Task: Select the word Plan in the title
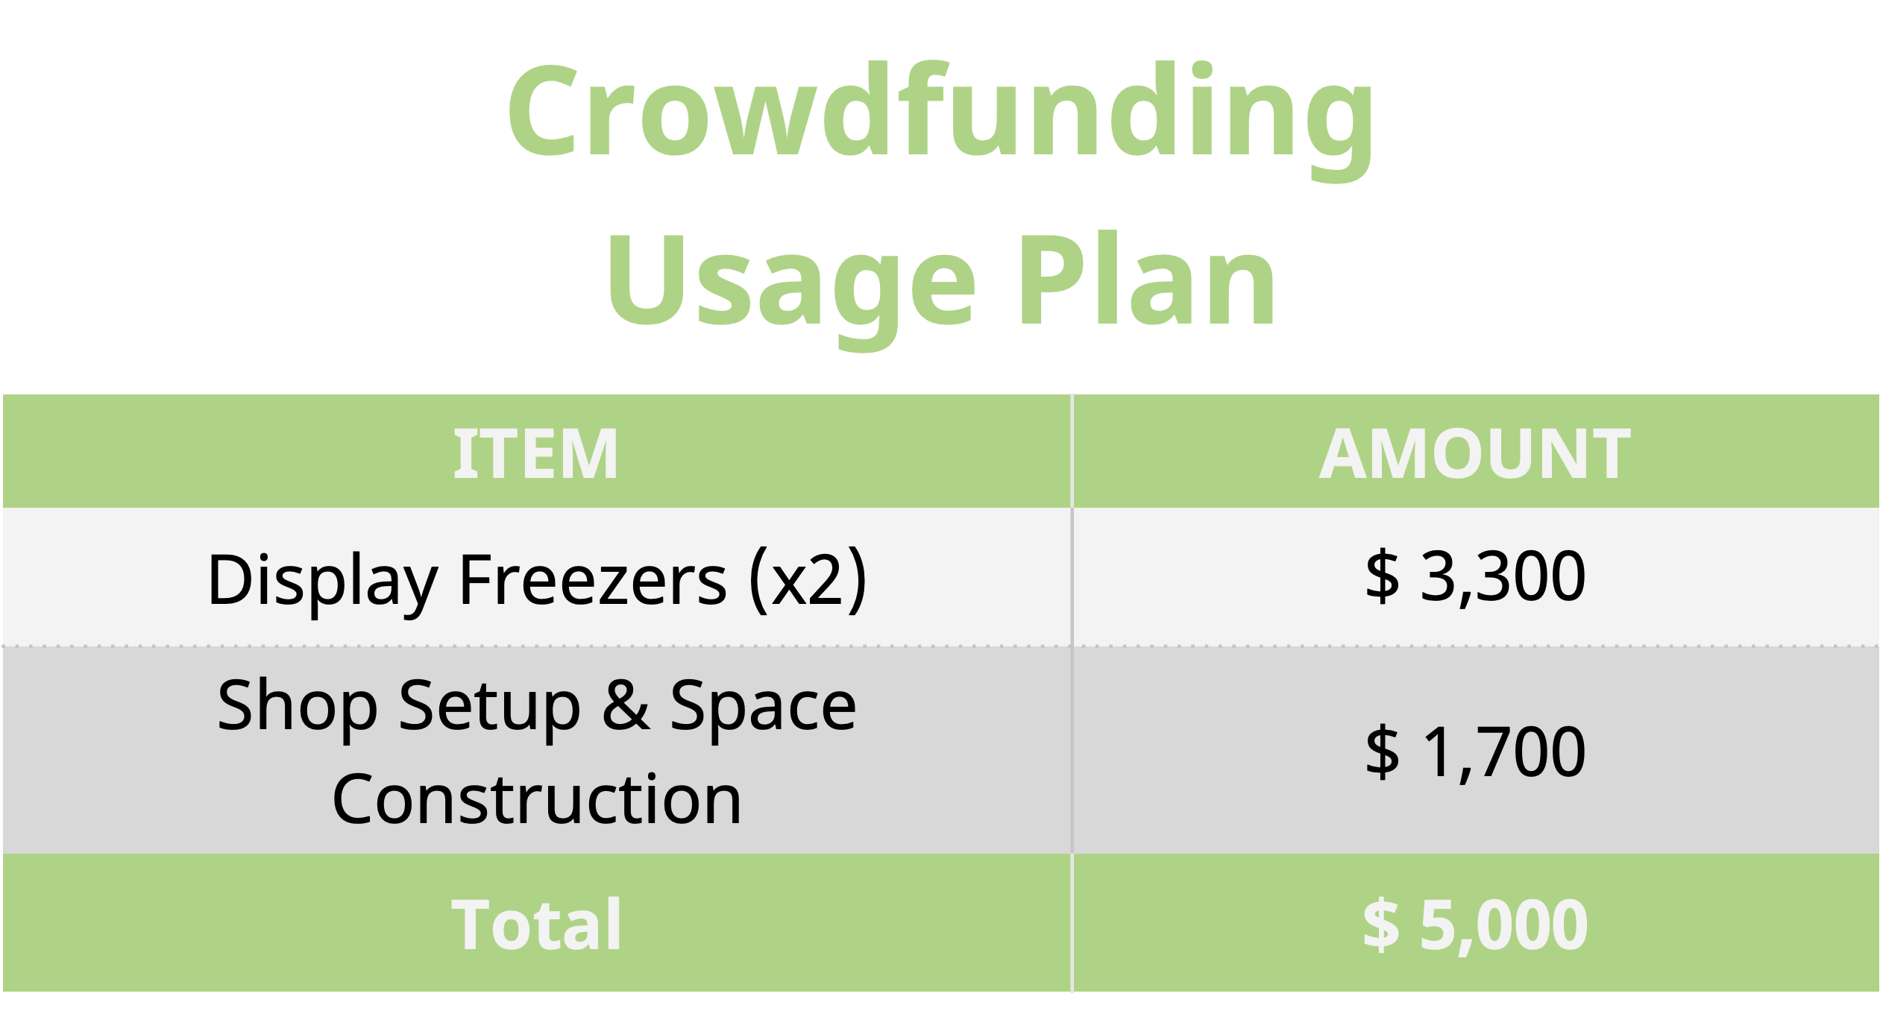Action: pyautogui.click(x=1147, y=279)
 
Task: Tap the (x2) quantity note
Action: pyautogui.click(x=808, y=581)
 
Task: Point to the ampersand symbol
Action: pyautogui.click(x=626, y=705)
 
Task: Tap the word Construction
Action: pyautogui.click(x=537, y=799)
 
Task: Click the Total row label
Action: pyautogui.click(x=536, y=925)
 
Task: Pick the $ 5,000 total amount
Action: pyautogui.click(x=1475, y=925)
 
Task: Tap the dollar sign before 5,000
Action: pyautogui.click(x=1381, y=925)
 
